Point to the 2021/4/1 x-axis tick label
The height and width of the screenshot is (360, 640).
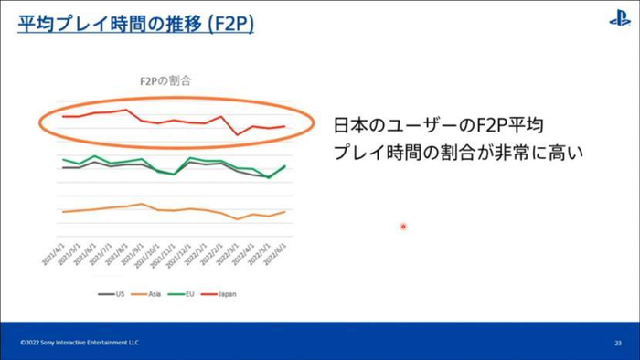pyautogui.click(x=52, y=256)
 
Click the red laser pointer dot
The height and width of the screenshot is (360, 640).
pyautogui.click(x=403, y=227)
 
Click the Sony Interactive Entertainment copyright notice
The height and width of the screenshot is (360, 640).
pyautogui.click(x=80, y=343)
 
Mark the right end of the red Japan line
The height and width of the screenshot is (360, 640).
pyautogui.click(x=285, y=126)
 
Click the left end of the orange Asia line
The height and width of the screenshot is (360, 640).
pyautogui.click(x=62, y=212)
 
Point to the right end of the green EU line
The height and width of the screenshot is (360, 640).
pyautogui.click(x=285, y=165)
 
